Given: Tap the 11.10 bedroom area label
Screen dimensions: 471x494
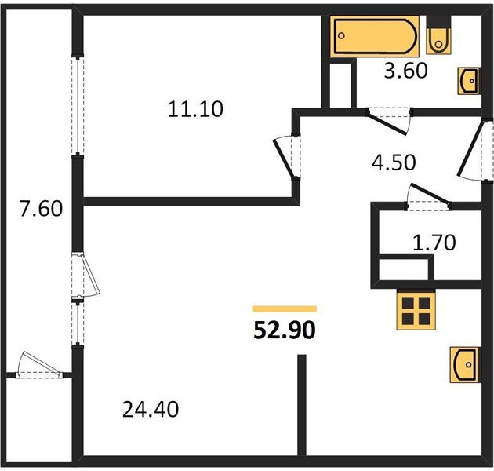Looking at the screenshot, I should tap(195, 109).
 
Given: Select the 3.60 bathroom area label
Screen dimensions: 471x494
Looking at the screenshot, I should tap(405, 71).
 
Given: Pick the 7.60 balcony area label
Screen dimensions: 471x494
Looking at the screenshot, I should tap(39, 210).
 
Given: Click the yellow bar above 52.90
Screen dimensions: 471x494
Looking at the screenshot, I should tap(285, 309).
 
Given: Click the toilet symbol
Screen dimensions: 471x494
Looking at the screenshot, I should tap(439, 36).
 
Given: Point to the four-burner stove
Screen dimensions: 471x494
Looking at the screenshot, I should tap(416, 311).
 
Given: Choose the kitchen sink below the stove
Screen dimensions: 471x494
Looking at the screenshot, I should tap(465, 364).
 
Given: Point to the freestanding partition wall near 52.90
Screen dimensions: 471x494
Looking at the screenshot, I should tap(300, 405).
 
